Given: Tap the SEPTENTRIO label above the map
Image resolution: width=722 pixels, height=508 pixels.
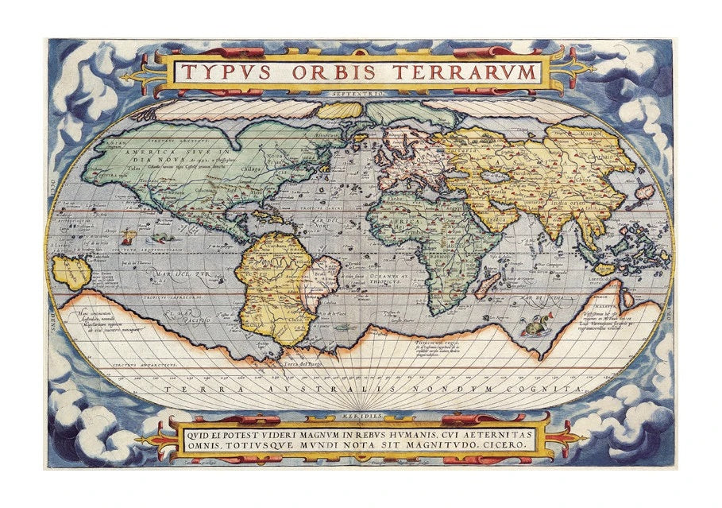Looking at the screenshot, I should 361,94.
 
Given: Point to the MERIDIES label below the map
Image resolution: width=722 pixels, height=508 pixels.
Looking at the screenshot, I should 361,415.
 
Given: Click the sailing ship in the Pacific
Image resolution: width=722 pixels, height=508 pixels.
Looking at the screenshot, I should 127,236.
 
